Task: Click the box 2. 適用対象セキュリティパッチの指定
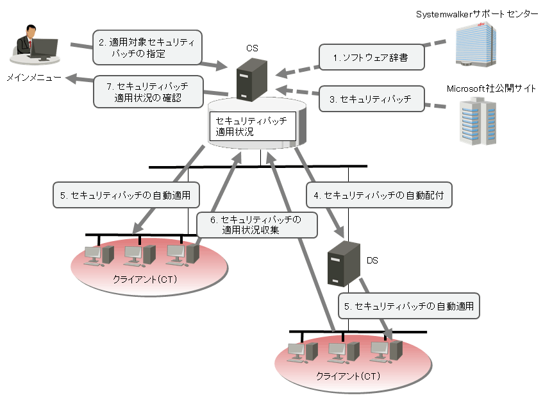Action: [147, 47]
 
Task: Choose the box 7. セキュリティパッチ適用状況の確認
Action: [148, 91]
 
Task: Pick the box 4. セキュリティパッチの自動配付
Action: [379, 194]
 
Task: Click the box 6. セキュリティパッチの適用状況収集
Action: [257, 225]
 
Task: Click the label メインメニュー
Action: [34, 78]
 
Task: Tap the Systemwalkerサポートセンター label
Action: [477, 14]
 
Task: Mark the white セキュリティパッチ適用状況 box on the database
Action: [253, 126]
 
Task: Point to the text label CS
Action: [252, 48]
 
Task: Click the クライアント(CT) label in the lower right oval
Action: [348, 375]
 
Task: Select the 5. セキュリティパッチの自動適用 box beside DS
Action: [408, 306]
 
